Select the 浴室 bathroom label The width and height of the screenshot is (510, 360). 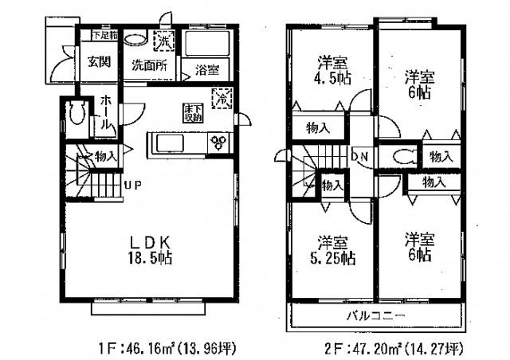pos(208,68)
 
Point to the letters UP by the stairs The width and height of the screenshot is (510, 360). pos(132,187)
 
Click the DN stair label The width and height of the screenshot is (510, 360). pos(360,157)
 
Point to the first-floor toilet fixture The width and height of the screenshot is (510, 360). pos(76,115)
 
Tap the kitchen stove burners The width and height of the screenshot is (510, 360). pos(217,143)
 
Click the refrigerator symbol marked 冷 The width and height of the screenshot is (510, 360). pos(218,100)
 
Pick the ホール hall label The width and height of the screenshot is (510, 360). pos(104,115)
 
